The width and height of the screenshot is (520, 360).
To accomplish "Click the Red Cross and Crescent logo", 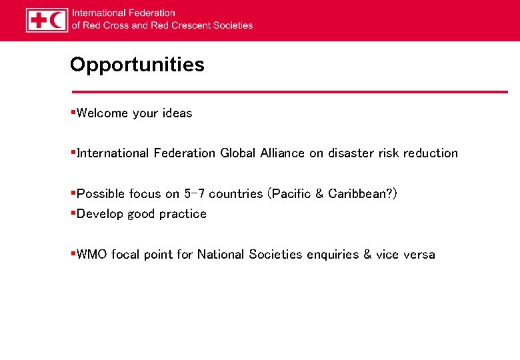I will pyautogui.click(x=47, y=20).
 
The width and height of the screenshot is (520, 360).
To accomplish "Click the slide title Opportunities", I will pyautogui.click(x=137, y=65).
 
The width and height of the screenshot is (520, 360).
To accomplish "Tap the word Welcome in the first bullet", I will pyautogui.click(x=102, y=113).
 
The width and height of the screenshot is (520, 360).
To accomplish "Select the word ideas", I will pyautogui.click(x=177, y=113).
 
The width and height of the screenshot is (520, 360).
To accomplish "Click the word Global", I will pyautogui.click(x=237, y=153).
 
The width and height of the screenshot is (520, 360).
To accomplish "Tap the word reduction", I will pyautogui.click(x=430, y=153).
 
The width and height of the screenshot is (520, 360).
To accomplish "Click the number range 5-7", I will pyautogui.click(x=194, y=194).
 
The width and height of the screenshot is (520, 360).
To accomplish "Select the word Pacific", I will pyautogui.click(x=291, y=194).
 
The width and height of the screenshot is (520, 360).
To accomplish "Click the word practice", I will pyautogui.click(x=183, y=214).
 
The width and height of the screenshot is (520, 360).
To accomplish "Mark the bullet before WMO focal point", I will pyautogui.click(x=73, y=254).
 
